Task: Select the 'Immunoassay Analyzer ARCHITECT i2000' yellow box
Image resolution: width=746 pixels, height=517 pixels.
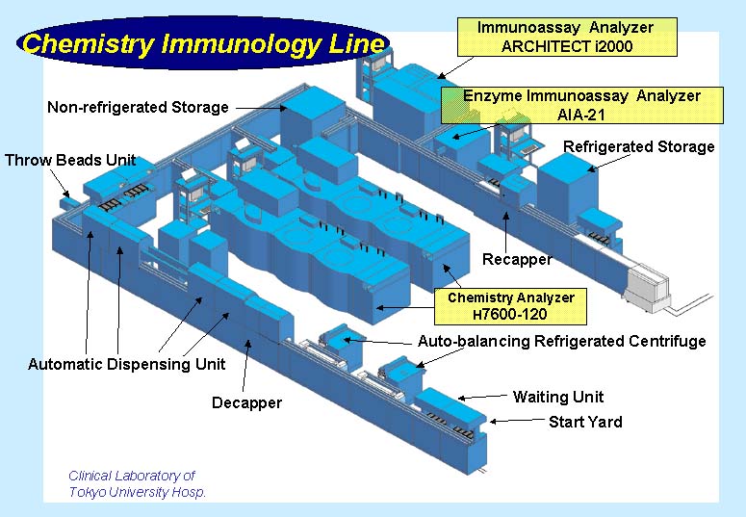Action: pyautogui.click(x=568, y=37)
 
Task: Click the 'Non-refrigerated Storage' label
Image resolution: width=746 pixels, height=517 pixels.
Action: pyautogui.click(x=138, y=107)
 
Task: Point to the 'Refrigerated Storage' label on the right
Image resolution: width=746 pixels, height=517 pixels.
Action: pyautogui.click(x=638, y=146)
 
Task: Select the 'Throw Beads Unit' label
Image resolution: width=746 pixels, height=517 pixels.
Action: pyautogui.click(x=70, y=160)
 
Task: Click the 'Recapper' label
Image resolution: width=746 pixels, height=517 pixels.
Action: pyautogui.click(x=517, y=259)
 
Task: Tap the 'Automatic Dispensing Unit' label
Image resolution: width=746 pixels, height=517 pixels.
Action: pyautogui.click(x=126, y=364)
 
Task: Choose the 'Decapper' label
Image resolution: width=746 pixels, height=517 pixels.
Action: pyautogui.click(x=246, y=402)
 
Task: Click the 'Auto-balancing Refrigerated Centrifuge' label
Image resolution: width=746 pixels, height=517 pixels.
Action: pyautogui.click(x=561, y=341)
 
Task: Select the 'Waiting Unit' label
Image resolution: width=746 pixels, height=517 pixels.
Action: pyautogui.click(x=558, y=397)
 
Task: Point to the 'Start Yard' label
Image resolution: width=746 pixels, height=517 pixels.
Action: pyautogui.click(x=585, y=422)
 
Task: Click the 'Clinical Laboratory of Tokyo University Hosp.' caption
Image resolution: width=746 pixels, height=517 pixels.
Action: pyautogui.click(x=137, y=483)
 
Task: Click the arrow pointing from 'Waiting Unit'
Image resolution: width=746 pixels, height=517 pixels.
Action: pyautogui.click(x=480, y=396)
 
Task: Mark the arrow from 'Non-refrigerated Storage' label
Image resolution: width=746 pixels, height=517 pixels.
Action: pyautogui.click(x=261, y=109)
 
